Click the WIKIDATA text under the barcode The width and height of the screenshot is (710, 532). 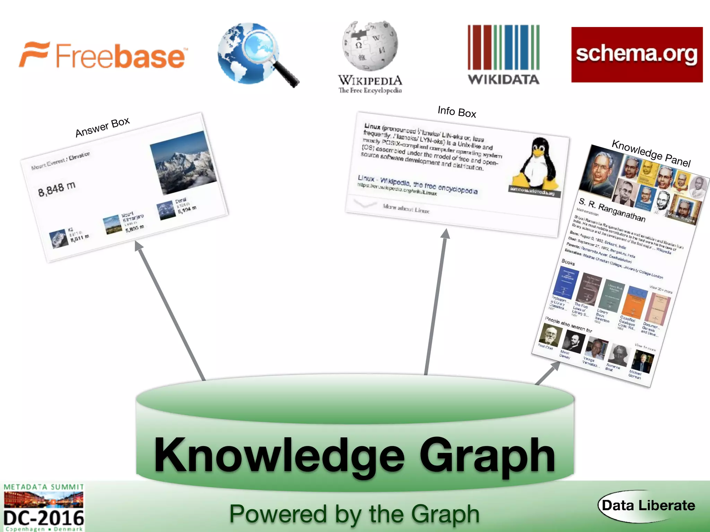click(x=503, y=80)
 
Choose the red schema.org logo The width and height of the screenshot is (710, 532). click(x=637, y=55)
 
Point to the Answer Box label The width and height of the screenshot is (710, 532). click(x=103, y=127)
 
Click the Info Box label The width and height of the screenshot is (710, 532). click(x=457, y=112)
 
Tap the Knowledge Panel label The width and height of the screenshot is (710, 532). click(x=651, y=153)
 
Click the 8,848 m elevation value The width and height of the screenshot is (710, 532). click(x=57, y=189)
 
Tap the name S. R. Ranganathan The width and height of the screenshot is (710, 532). click(x=612, y=210)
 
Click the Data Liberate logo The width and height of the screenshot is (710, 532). click(x=648, y=506)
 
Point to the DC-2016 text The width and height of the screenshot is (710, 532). click(x=44, y=518)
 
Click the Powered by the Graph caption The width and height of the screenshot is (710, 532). click(x=354, y=514)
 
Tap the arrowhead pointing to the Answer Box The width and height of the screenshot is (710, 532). click(x=138, y=246)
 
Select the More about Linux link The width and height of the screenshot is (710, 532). click(x=406, y=208)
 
